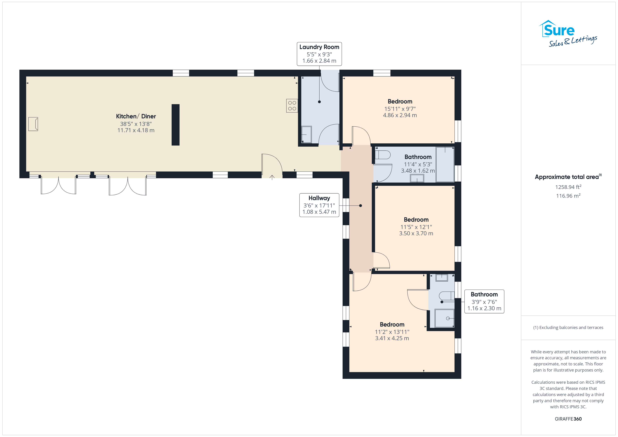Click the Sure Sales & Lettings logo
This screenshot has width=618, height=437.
[568, 34]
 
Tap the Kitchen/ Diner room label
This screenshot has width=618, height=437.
[136, 116]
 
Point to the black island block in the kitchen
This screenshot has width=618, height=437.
[176, 125]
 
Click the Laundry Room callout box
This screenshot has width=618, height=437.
[319, 54]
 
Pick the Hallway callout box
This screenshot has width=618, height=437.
[319, 205]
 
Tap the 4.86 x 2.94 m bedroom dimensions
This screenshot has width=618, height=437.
[400, 115]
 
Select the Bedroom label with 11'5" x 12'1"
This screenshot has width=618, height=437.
[416, 220]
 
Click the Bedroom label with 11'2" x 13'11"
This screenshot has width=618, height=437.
[392, 325]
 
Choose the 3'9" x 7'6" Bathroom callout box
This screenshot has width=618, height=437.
[484, 301]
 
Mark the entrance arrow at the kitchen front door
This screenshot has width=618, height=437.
[272, 178]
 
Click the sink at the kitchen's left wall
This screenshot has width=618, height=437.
[33, 124]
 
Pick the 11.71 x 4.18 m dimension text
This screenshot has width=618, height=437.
[136, 130]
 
